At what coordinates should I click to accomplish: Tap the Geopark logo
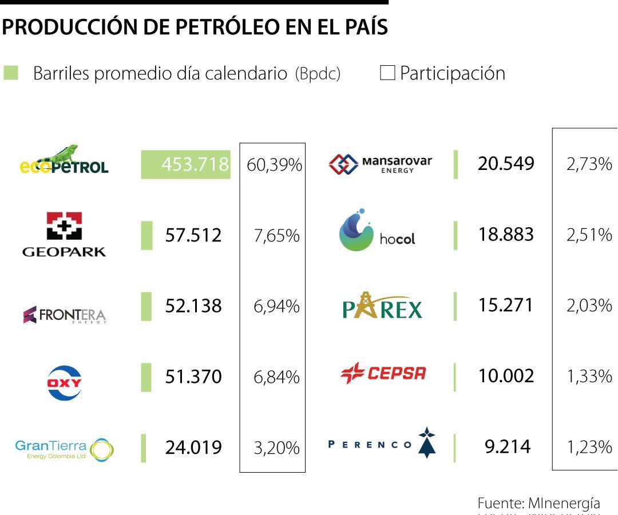pyautogui.click(x=64, y=235)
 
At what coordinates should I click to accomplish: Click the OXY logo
pyautogui.click(x=64, y=382)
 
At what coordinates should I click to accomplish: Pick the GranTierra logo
pyautogui.click(x=64, y=450)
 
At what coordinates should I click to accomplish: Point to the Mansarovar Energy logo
pyautogui.click(x=381, y=164)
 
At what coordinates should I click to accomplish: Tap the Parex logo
pyautogui.click(x=382, y=307)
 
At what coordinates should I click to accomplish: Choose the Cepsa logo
pyautogui.click(x=383, y=374)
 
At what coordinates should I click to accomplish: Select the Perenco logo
pyautogui.click(x=382, y=443)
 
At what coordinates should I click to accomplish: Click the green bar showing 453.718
pyautogui.click(x=185, y=165)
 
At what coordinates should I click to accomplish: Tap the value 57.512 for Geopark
pyautogui.click(x=193, y=235)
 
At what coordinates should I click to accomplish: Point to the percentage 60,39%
pyautogui.click(x=274, y=166)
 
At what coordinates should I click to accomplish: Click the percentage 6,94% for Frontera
pyautogui.click(x=276, y=307)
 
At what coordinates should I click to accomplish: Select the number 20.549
pyautogui.click(x=506, y=164)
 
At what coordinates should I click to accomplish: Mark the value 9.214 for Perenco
pyautogui.click(x=508, y=446)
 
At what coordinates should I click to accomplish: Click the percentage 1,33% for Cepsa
pyautogui.click(x=589, y=377)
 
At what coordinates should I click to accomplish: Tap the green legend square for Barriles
pyautogui.click(x=11, y=73)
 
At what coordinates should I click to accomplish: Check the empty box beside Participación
pyautogui.click(x=387, y=73)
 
